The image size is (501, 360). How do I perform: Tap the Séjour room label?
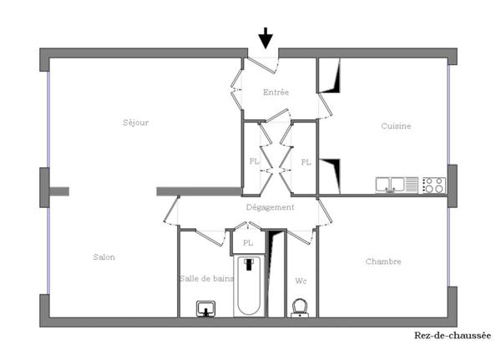point(135,123)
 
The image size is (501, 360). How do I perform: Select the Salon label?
point(104,257)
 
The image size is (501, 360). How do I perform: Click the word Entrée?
point(276,92)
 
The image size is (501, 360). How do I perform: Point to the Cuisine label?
point(397,126)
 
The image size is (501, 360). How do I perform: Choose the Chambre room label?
point(383,261)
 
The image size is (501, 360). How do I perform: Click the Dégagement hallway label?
point(270,207)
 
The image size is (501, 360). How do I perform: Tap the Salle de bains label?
point(206,278)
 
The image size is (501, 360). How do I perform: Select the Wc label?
point(300,280)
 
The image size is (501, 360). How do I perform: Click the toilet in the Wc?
point(301,307)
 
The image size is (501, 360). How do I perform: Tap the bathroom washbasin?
point(205,309)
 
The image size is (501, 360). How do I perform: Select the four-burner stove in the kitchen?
point(433,185)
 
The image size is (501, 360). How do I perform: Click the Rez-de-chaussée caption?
point(453,336)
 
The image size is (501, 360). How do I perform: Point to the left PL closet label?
point(254,162)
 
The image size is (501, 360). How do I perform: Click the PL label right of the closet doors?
point(306,162)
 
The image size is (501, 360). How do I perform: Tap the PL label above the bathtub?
point(248,243)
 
